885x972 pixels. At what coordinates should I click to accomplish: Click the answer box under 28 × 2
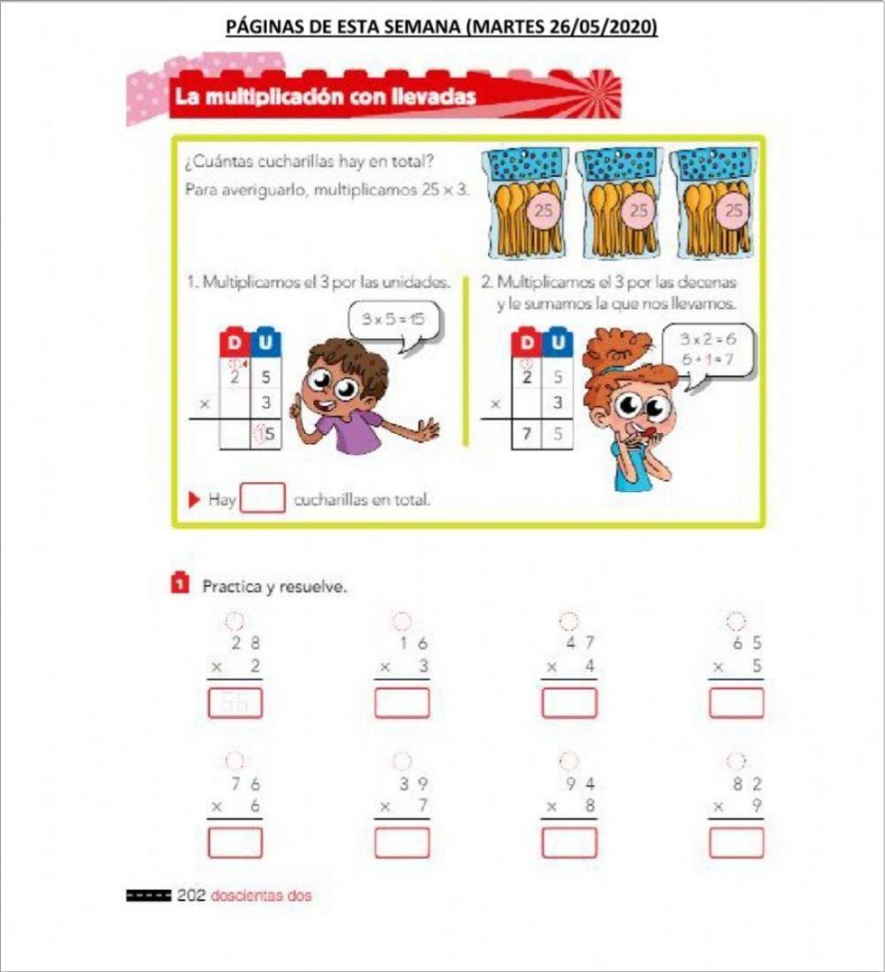235,703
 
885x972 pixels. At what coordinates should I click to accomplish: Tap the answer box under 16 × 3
402,703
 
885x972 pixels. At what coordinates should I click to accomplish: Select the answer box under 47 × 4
569,703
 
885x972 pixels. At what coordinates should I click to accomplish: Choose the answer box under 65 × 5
735,703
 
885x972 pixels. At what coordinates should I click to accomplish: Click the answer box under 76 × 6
235,842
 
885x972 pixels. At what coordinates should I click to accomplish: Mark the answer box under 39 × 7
402,842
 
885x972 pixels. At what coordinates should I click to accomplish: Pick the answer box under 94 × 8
569,842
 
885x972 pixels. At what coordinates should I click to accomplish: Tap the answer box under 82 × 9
735,842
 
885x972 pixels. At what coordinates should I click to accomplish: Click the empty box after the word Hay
263,498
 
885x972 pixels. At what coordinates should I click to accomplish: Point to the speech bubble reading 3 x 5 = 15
388,319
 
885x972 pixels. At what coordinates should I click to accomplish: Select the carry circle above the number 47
569,621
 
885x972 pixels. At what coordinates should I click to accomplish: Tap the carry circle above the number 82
735,760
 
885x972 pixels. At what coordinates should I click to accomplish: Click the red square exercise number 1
179,583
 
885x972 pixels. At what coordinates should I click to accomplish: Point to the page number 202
191,896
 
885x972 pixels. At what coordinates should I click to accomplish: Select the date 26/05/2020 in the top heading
601,27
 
